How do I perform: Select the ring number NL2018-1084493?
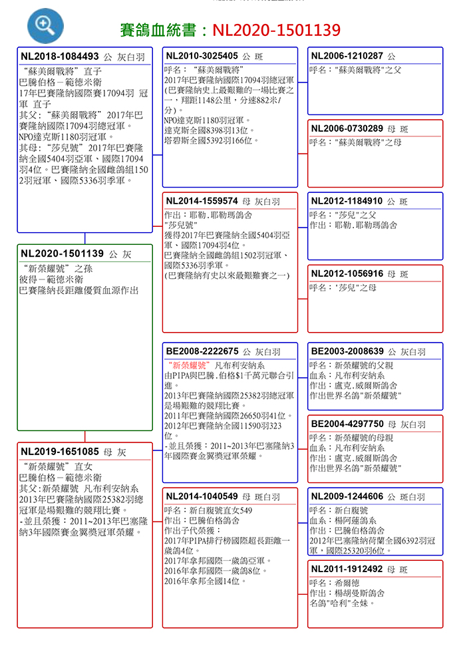coord(60,57)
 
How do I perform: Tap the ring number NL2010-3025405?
coord(202,55)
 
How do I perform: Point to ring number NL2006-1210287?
coord(347,55)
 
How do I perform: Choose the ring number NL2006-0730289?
coord(347,128)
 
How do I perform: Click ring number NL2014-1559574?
coord(202,200)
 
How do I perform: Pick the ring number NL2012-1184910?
coord(347,200)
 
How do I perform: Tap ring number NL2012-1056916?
coord(347,273)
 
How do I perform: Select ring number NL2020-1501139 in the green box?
coord(62,253)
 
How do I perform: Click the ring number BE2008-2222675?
coord(202,351)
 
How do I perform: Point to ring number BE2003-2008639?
coord(347,351)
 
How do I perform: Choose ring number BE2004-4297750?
coord(347,423)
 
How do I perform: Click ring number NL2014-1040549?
coord(202,496)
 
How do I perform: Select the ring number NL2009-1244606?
coord(347,496)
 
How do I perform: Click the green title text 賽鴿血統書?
coord(160,30)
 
